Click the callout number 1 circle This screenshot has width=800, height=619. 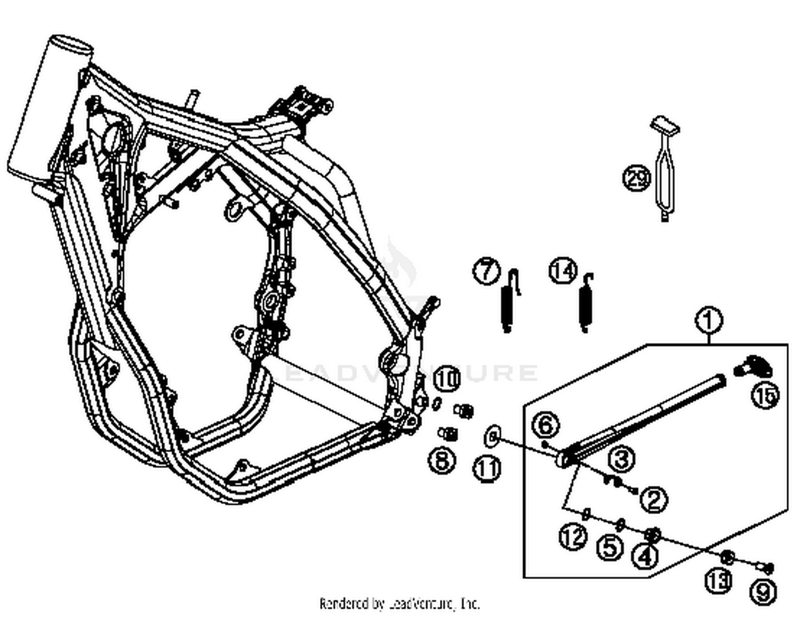coord(709,321)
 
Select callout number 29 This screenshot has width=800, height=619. coord(637,178)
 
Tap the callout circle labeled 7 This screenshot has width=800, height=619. coord(486,271)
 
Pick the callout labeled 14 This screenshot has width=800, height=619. coord(563,271)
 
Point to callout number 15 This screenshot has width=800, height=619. coord(765,396)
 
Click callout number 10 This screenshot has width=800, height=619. coord(447,379)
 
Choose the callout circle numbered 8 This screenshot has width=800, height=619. coord(443,460)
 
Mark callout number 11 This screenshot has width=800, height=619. coord(487,469)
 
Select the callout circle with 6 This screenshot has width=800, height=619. coord(546,425)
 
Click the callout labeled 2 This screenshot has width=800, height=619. coord(654,499)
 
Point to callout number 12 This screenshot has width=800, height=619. coord(573,537)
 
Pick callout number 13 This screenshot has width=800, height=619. coord(718,580)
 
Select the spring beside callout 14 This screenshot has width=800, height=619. coord(586,304)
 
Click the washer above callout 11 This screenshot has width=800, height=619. coord(492,437)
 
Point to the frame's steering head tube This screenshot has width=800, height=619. coord(49,107)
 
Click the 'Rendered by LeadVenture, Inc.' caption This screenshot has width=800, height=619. coord(399,604)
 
